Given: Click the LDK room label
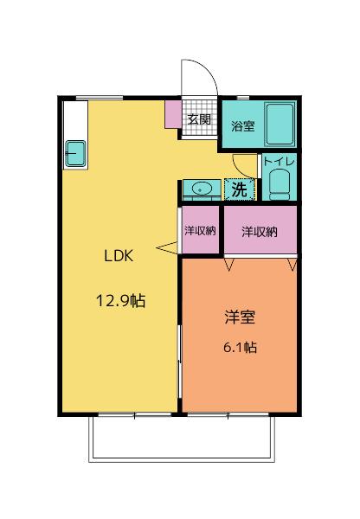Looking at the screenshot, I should pyautogui.click(x=119, y=256).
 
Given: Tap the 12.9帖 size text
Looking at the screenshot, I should pyautogui.click(x=119, y=301).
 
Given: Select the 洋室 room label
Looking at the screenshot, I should pyautogui.click(x=239, y=317).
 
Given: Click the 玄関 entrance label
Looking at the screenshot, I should pyautogui.click(x=199, y=119).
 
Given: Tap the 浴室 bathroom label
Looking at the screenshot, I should pyautogui.click(x=242, y=126).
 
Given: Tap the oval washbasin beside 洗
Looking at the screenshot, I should pyautogui.click(x=202, y=189).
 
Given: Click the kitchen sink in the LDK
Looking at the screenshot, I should pyautogui.click(x=73, y=153).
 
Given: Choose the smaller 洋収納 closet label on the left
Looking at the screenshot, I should pyautogui.click(x=200, y=231).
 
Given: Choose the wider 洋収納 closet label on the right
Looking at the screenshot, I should pyautogui.click(x=260, y=231).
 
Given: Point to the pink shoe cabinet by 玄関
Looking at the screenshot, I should pyautogui.click(x=173, y=113).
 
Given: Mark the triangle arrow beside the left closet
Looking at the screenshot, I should pyautogui.click(x=166, y=250).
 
